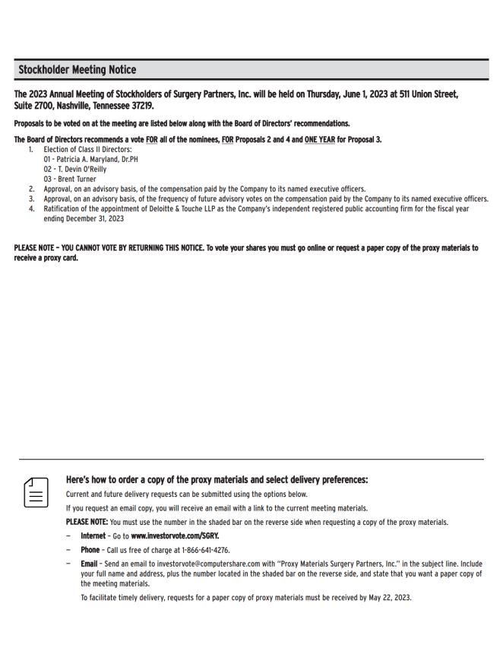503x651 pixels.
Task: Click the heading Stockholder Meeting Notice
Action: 77,70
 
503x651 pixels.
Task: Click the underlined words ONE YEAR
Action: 319,140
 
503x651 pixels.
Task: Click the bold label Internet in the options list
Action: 93,536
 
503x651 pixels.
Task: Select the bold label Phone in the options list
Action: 90,550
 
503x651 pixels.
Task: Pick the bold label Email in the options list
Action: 89,564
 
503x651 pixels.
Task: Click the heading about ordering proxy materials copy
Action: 217,480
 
